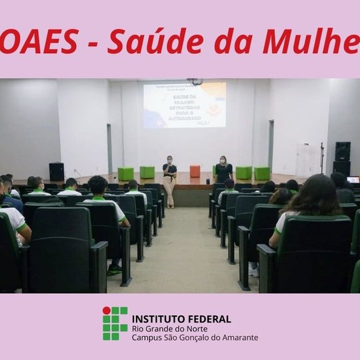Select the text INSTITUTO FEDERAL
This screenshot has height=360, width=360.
click(x=182, y=319)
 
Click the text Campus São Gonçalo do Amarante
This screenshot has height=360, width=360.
click(x=195, y=337)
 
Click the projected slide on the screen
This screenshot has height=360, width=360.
click(x=185, y=105)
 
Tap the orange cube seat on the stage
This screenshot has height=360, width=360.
click(x=195, y=171)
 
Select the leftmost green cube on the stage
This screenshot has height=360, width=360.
click(x=125, y=173)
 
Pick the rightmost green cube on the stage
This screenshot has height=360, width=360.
click(x=262, y=173)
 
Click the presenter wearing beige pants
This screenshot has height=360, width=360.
click(x=169, y=181)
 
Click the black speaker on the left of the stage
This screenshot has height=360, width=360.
click(x=57, y=171)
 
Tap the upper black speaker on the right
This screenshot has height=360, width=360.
click(x=343, y=151)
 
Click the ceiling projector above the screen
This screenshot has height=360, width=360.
click(x=195, y=81)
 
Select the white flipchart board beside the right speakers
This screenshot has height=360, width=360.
click(x=309, y=160)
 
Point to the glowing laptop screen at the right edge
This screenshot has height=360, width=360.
click(x=353, y=179)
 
